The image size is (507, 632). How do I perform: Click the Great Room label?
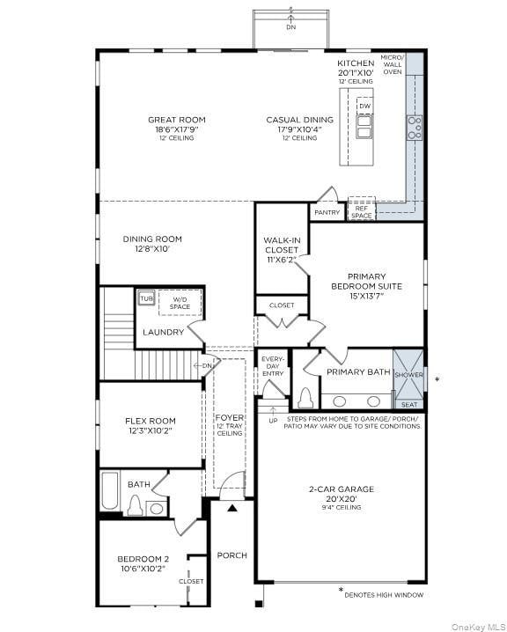[177, 120]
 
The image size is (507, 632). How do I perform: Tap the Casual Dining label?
[300, 120]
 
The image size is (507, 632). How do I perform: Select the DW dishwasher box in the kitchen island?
[364, 107]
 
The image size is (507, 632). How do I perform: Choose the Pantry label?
[327, 212]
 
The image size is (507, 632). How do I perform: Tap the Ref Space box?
[362, 211]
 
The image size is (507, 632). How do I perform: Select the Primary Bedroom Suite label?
[366, 286]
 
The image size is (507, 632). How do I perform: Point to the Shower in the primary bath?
[408, 374]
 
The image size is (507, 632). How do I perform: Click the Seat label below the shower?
[409, 405]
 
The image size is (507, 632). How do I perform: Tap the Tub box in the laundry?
[146, 299]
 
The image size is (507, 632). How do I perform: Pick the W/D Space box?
[180, 303]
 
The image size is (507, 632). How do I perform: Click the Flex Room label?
[151, 426]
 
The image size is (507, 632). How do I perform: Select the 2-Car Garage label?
[341, 494]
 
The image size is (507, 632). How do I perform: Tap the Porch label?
[231, 555]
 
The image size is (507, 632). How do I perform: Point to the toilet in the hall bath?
[136, 505]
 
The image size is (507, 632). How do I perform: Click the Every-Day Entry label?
[273, 367]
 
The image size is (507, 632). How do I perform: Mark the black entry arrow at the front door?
[232, 508]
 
